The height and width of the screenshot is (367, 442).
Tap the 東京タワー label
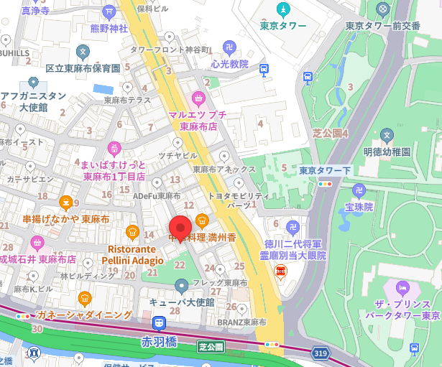pos(282,26)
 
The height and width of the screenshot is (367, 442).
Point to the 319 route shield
pos(321,353)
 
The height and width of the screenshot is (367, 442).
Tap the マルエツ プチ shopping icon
pos(198,98)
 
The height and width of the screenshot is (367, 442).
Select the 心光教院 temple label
pos(229,64)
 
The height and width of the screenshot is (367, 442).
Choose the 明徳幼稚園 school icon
pos(387,135)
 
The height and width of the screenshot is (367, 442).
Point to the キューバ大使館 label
pos(181,302)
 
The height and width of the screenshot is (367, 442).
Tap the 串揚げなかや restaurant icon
pos(66,203)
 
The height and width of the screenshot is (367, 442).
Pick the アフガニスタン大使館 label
pos(33,101)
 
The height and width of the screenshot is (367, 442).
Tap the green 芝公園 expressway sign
pos(211,346)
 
